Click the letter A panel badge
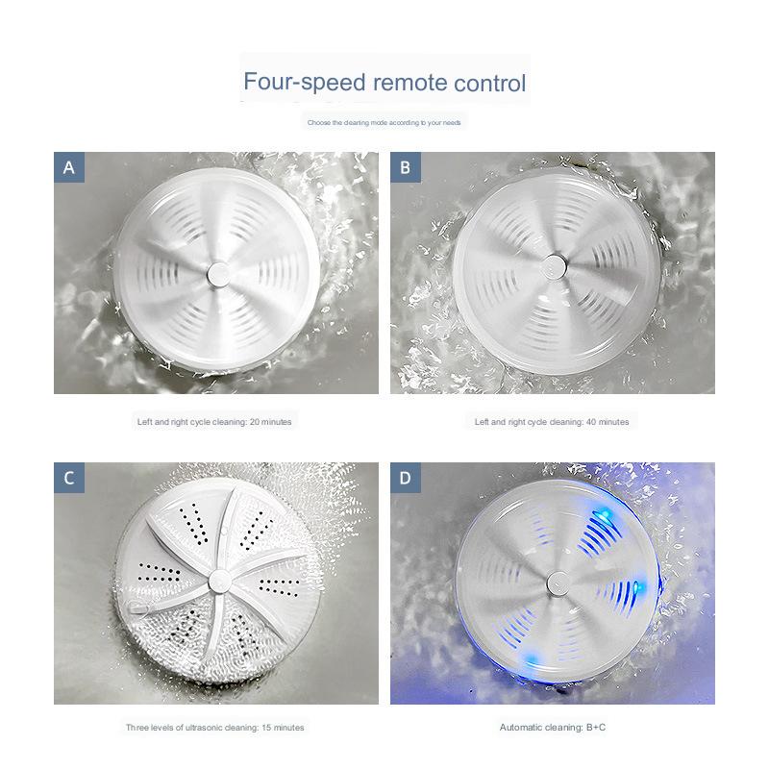[69, 167]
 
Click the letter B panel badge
[406, 167]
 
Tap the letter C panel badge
[69, 478]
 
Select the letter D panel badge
[406, 478]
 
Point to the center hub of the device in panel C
[217, 583]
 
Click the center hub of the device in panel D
[556, 581]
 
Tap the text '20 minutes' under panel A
[267, 422]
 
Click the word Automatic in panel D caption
[521, 728]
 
